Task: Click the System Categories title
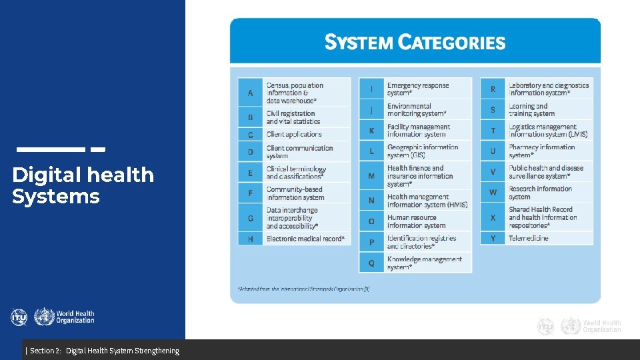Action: [415, 43]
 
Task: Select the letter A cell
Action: [251, 93]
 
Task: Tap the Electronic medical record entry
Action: [305, 238]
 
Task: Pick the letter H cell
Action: [251, 238]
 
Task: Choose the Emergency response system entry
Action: [418, 89]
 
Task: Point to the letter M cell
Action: [371, 176]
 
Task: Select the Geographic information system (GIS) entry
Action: [423, 151]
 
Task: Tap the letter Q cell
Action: [371, 263]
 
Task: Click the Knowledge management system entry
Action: [424, 263]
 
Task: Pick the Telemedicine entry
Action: [529, 237]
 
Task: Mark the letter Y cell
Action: [493, 238]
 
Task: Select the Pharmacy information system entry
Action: [541, 151]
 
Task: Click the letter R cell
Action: [493, 89]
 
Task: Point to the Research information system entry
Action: [540, 192]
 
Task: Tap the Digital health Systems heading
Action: [83, 185]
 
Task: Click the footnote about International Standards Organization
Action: [303, 289]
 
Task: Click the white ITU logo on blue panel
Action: [19, 317]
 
